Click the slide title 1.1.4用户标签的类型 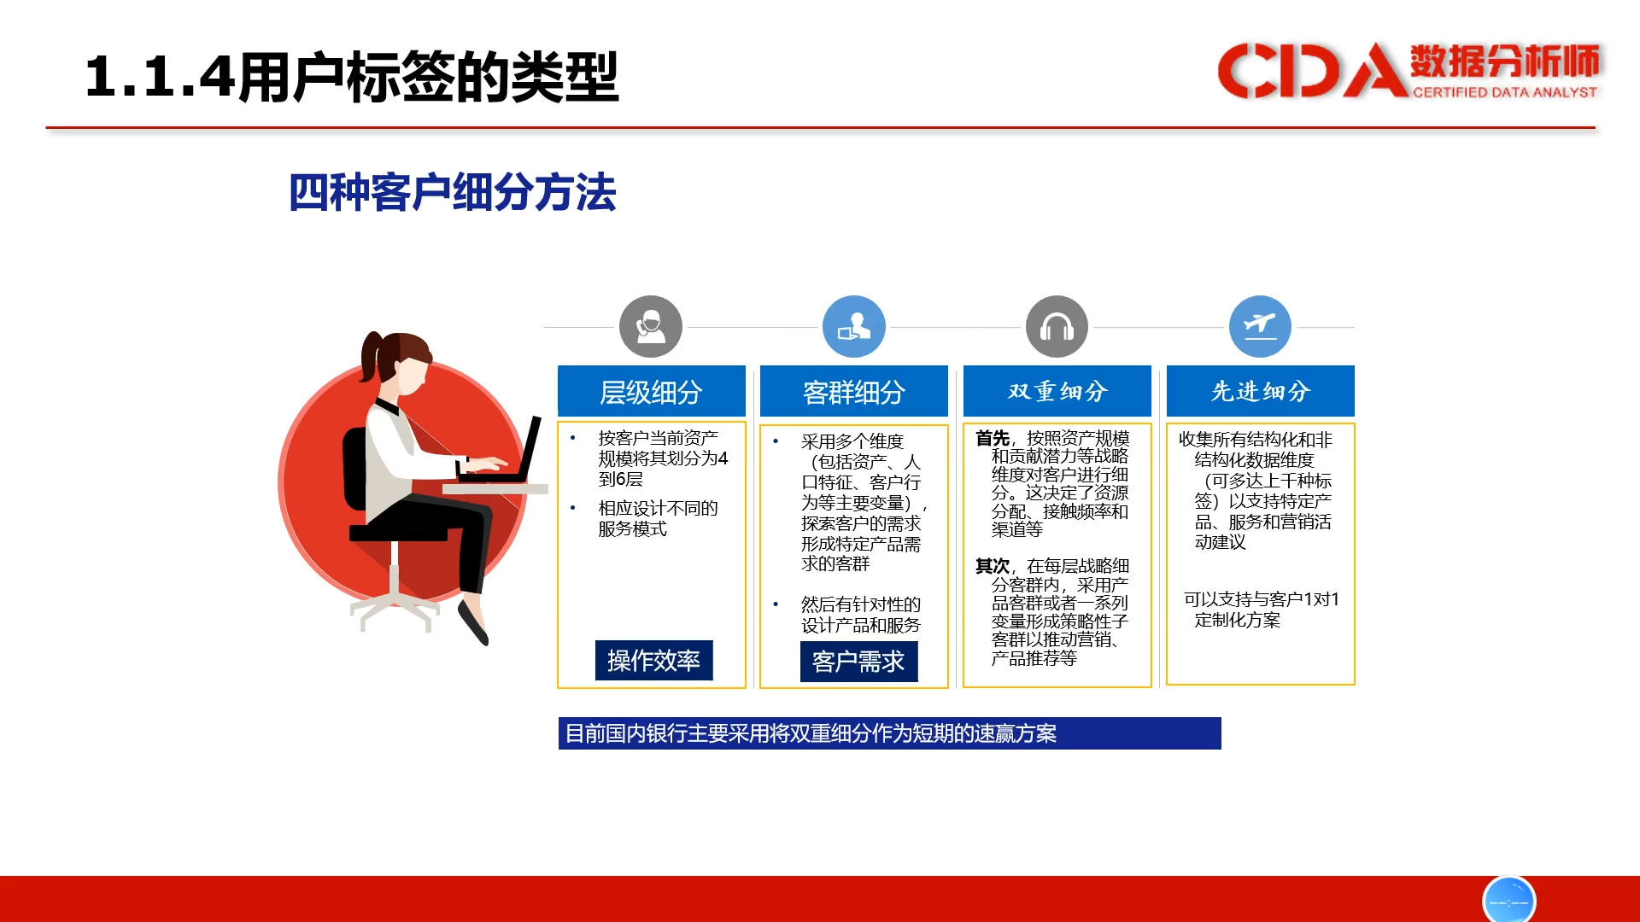point(352,77)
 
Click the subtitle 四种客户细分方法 point(452,192)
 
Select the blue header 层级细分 point(651,391)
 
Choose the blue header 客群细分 point(853,391)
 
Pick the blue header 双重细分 point(1057,391)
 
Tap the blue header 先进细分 point(1260,391)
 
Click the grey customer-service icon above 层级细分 point(651,327)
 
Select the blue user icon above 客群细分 point(853,327)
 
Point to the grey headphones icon point(1057,327)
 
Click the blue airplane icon point(1260,327)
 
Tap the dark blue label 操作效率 point(653,660)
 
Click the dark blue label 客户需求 point(858,662)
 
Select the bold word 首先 point(993,438)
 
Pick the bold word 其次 point(993,566)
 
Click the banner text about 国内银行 point(811,733)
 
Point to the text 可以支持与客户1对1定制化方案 point(1261,610)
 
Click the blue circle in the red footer point(1508,900)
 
